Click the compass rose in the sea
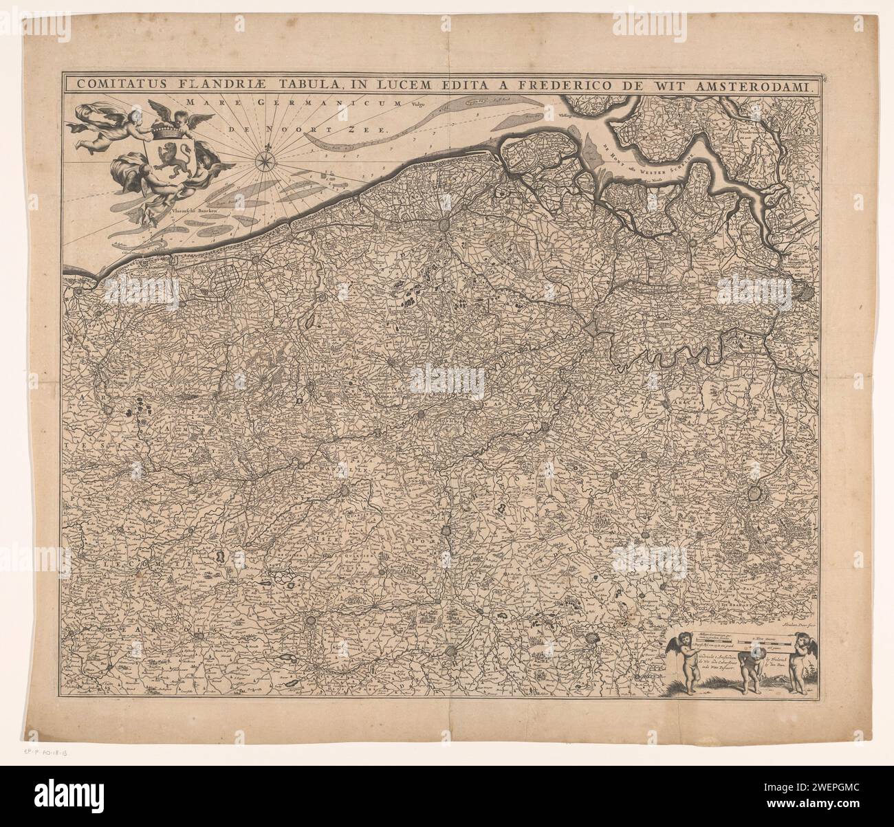pos(263,162)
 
